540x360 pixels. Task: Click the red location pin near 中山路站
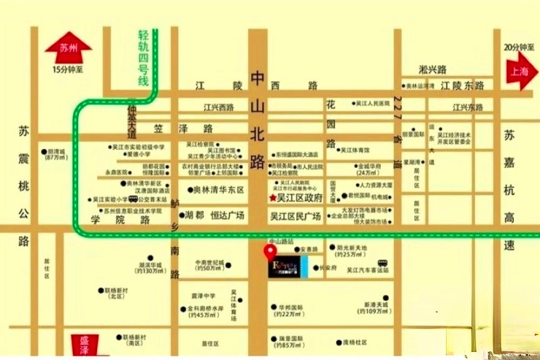coord(268,252)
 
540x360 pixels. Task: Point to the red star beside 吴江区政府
coord(273,198)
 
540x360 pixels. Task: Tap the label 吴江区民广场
coord(295,216)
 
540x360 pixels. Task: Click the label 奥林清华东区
coord(219,189)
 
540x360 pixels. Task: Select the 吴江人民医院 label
coord(373,103)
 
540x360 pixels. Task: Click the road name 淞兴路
coord(433,69)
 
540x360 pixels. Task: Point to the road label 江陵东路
coord(462,85)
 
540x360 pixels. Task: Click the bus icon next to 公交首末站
coord(134,199)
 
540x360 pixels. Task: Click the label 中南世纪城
coord(209,263)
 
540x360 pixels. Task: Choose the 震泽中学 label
coord(203,296)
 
